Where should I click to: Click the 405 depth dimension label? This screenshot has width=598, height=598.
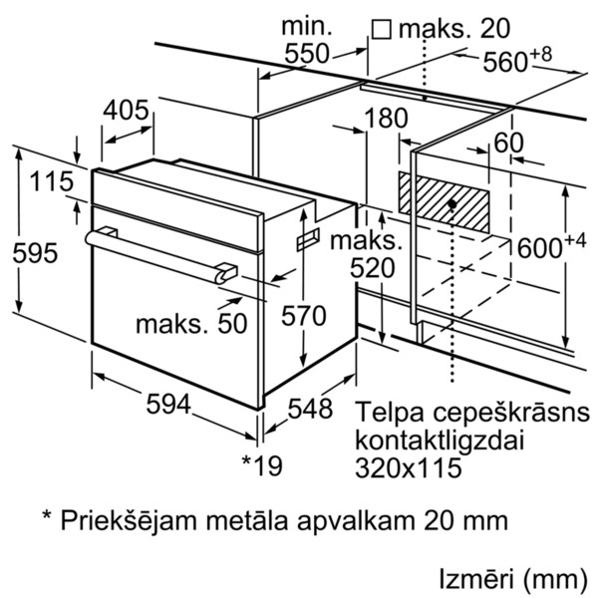[x=127, y=110]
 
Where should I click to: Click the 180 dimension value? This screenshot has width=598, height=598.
[x=388, y=119]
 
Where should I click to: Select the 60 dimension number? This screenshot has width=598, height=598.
[x=507, y=143]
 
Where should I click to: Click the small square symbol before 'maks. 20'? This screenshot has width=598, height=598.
[x=381, y=29]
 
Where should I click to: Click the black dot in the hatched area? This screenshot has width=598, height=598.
[x=452, y=203]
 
